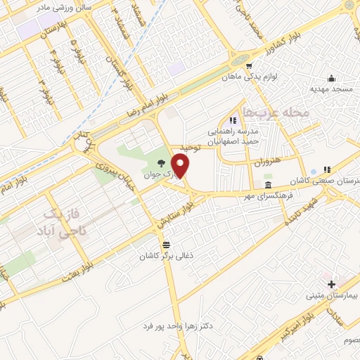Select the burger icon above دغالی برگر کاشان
(166, 245)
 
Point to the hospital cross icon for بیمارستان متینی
(331, 283)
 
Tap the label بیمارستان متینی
(331, 296)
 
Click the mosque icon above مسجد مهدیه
(331, 78)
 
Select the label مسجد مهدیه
(331, 91)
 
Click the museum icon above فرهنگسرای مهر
(267, 185)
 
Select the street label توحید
(190, 147)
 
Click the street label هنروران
(269, 161)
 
